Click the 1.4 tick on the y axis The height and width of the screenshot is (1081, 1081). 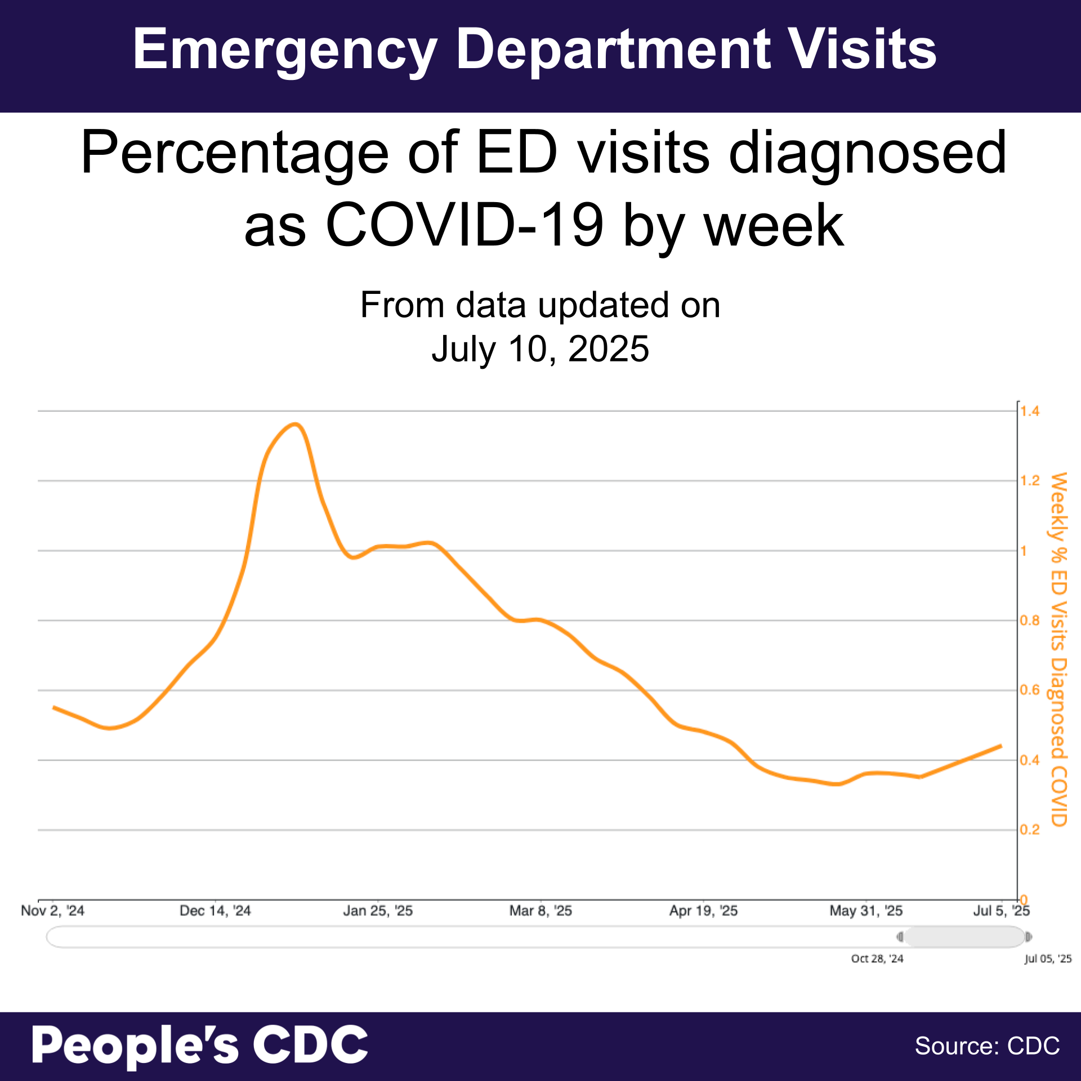tap(1030, 411)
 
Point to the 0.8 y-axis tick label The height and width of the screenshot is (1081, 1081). tap(1030, 620)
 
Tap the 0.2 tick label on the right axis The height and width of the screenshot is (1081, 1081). tap(1030, 830)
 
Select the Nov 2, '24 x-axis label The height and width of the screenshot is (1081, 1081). tap(52, 910)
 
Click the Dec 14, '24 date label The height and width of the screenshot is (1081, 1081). tap(215, 910)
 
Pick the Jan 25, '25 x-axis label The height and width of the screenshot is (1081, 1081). tap(378, 910)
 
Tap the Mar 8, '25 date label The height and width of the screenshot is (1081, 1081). tap(540, 910)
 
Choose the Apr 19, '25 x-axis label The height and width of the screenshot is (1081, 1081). tap(703, 910)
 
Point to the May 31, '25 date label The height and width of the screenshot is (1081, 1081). tap(866, 910)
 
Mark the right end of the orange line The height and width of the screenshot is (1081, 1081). tap(1001, 745)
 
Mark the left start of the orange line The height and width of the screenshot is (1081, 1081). tap(53, 707)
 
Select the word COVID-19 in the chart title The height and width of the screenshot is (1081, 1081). tap(464, 225)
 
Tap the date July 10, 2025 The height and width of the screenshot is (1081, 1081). tap(540, 349)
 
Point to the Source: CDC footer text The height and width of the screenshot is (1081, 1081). tap(987, 1046)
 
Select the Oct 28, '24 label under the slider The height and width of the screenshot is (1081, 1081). tap(877, 958)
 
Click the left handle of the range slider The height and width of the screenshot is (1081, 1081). tap(900, 937)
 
